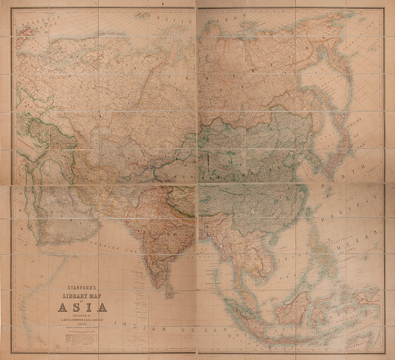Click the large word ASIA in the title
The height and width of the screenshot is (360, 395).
point(82,307)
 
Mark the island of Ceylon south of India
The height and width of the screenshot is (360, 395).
point(170,293)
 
